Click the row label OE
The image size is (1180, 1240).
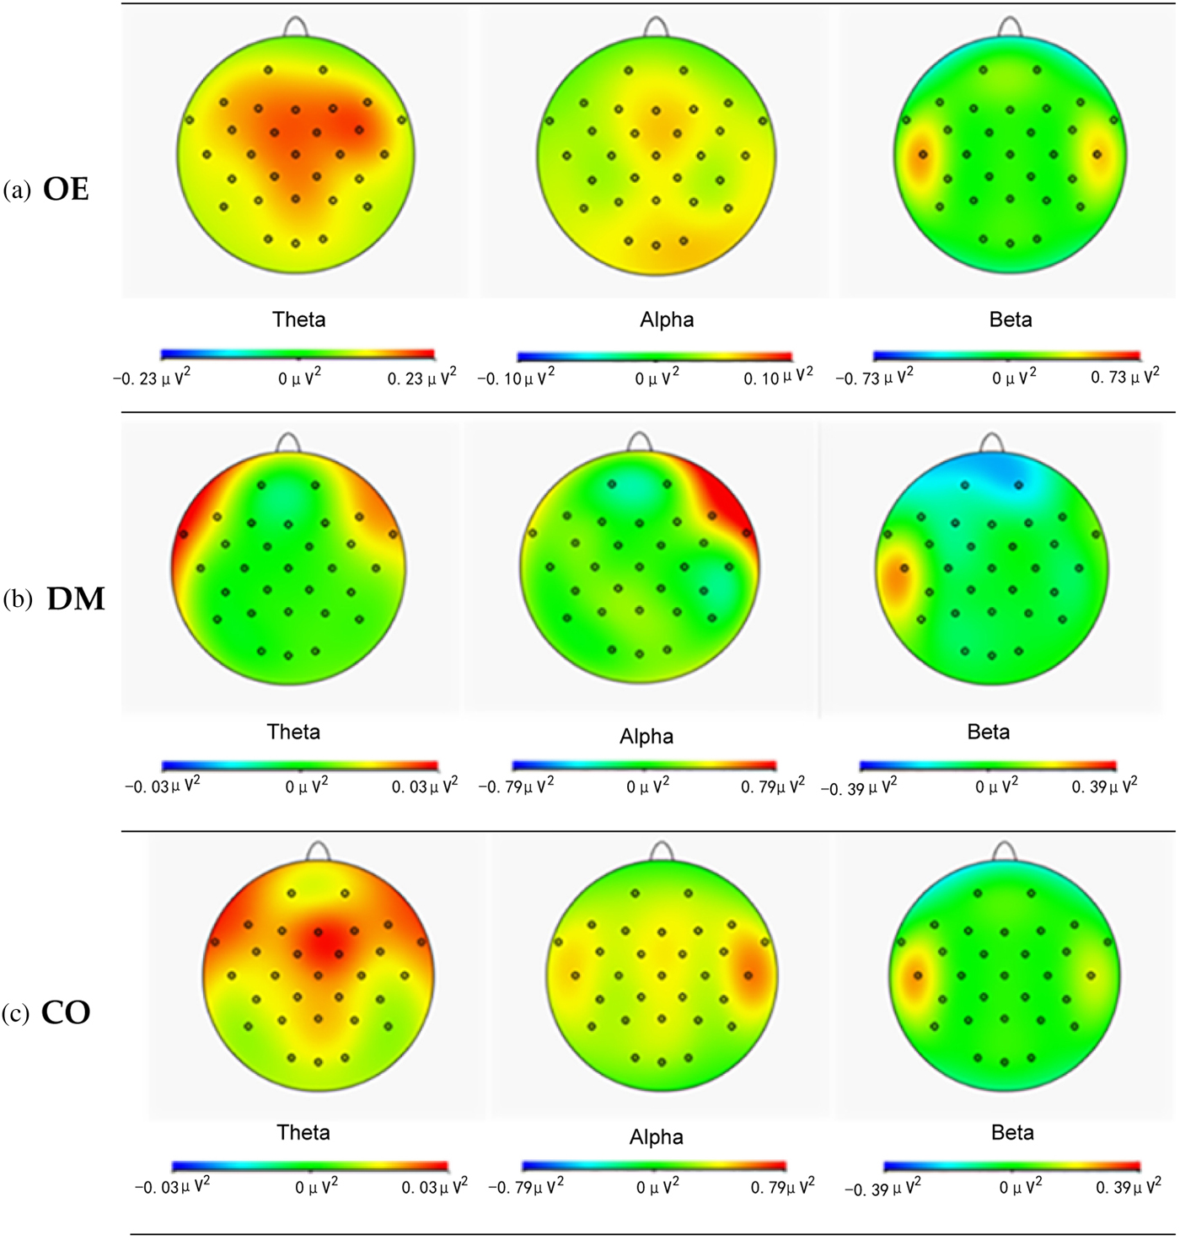66,190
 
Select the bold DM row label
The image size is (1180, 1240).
76,599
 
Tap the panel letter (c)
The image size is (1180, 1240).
16,1013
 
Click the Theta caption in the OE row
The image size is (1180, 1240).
298,319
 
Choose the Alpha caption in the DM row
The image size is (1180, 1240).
646,737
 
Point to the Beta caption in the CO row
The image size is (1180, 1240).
1012,1133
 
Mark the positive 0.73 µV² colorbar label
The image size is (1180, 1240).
1124,376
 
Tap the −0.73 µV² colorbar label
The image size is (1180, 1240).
874,377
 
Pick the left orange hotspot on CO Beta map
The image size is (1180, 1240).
914,977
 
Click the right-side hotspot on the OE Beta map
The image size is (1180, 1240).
1099,156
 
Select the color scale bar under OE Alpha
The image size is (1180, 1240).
655,357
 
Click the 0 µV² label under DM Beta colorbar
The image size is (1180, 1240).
996,786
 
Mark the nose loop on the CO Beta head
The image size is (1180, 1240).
1004,851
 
